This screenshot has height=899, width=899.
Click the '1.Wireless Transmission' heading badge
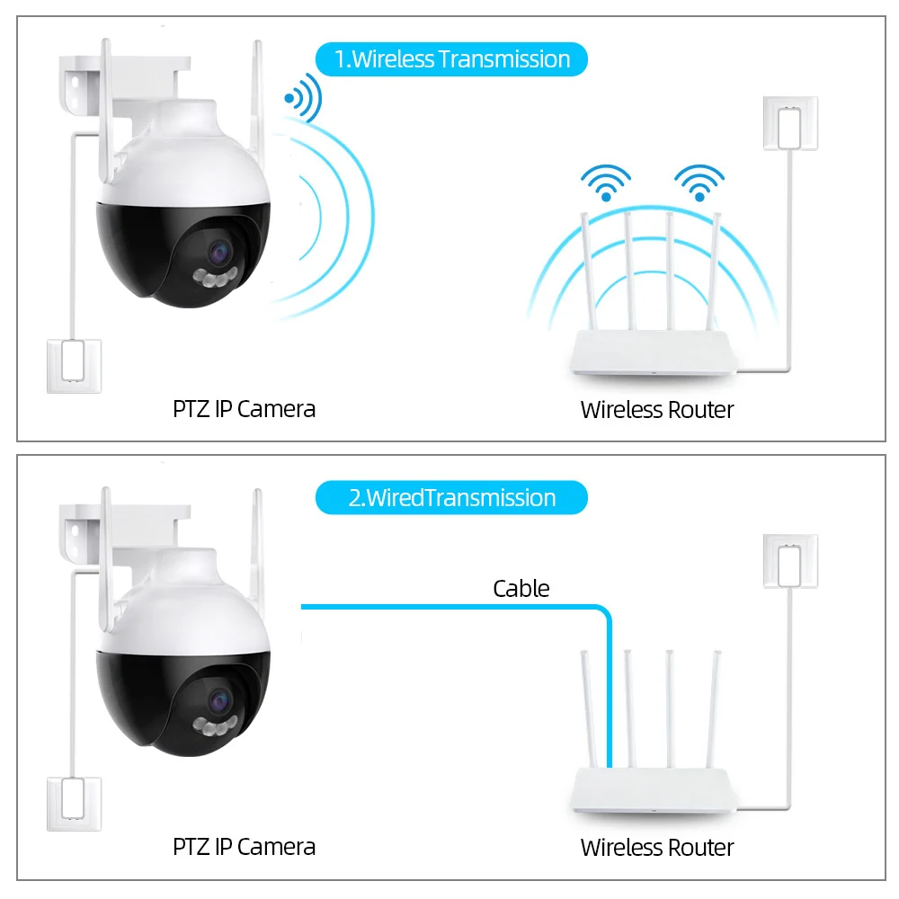(x=451, y=59)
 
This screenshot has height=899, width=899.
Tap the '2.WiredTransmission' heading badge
(x=451, y=498)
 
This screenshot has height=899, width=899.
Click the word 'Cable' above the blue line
(x=521, y=589)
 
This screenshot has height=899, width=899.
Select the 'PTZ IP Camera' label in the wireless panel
(x=245, y=409)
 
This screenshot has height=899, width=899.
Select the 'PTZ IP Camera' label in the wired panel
(x=245, y=847)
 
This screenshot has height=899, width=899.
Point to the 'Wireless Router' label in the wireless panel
(x=657, y=410)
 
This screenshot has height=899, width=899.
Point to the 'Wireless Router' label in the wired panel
(x=657, y=848)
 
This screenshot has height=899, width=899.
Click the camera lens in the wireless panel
(x=219, y=253)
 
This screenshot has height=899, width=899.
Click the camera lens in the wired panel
(x=219, y=701)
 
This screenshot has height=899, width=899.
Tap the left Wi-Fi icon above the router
(x=606, y=182)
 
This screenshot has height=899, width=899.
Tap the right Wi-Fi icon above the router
(x=699, y=182)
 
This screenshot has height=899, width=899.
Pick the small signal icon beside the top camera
(x=304, y=98)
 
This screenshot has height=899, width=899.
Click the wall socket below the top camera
(x=74, y=367)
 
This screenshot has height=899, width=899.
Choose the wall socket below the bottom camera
(x=74, y=804)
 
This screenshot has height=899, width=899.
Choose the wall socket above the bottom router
(x=790, y=561)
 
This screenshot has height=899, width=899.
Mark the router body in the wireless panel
(x=654, y=352)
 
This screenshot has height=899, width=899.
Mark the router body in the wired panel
(x=654, y=790)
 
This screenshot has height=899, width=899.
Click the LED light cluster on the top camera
(x=216, y=278)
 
